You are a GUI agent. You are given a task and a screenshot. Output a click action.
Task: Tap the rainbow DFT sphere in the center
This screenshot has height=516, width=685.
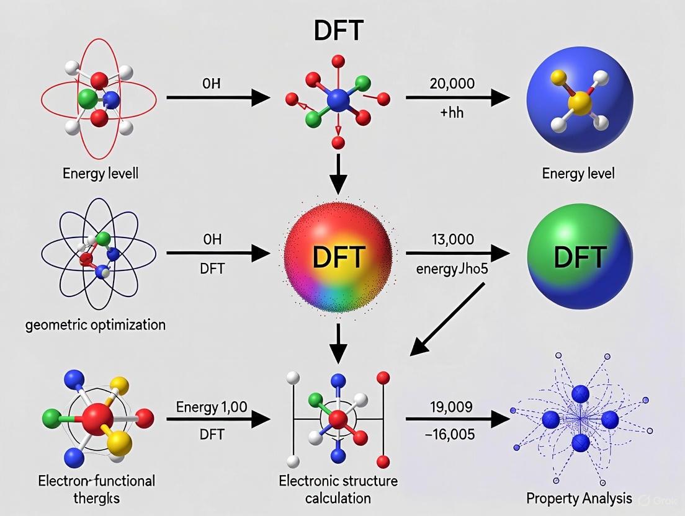point(338,256)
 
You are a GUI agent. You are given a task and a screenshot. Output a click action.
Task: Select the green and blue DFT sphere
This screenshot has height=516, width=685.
point(580,256)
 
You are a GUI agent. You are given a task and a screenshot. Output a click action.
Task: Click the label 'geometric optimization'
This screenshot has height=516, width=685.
point(96,324)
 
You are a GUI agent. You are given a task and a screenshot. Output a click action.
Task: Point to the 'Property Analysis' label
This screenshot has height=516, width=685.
point(579,497)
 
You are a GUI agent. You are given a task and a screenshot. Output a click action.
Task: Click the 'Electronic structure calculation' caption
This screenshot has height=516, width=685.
point(338,489)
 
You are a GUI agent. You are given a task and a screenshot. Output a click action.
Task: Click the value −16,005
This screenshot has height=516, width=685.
point(450,435)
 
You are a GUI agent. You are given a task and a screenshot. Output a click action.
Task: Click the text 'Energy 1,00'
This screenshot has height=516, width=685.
point(212,407)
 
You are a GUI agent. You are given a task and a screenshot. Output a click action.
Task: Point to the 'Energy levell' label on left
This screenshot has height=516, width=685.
point(101,173)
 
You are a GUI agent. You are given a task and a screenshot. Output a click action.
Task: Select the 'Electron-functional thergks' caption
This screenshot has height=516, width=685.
point(97,489)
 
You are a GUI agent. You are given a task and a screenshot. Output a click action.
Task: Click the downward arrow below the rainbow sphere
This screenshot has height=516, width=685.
point(338,342)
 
